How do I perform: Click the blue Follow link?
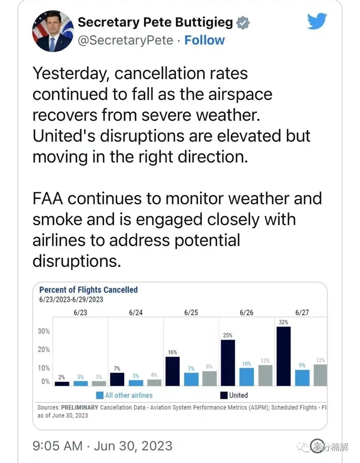[x=204, y=40]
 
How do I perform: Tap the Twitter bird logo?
[x=317, y=21]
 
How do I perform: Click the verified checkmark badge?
[x=243, y=23]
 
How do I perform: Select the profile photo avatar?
[x=53, y=31]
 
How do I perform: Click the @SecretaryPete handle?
[x=126, y=40]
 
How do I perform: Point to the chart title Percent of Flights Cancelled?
[x=88, y=290]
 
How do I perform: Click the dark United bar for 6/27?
[x=284, y=356]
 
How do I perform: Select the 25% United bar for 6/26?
[x=228, y=363]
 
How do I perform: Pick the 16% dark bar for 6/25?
[x=172, y=371]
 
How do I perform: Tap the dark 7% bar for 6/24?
[x=117, y=379]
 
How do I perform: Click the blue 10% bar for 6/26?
[x=246, y=377]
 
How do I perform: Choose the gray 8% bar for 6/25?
[x=209, y=378]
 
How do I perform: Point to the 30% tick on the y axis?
[x=44, y=331]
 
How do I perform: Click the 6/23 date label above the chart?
[x=81, y=312]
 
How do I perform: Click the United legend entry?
[x=234, y=395]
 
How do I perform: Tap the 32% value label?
[x=283, y=322]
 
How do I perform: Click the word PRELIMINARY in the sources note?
[x=80, y=407]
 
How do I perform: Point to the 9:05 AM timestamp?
[x=58, y=446]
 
